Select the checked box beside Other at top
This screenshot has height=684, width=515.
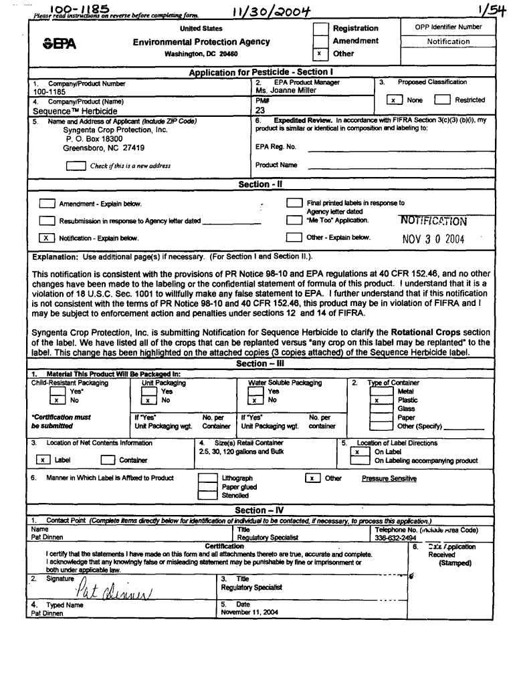pyautogui.click(x=320, y=54)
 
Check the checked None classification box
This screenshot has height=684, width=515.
pyautogui.click(x=396, y=100)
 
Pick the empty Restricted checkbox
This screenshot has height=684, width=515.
pyautogui.click(x=442, y=100)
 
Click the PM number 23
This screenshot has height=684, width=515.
pyautogui.click(x=261, y=111)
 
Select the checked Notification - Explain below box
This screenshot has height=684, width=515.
pyautogui.click(x=47, y=238)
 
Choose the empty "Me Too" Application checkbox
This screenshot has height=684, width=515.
pyautogui.click(x=294, y=220)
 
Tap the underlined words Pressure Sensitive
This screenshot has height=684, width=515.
pyautogui.click(x=389, y=478)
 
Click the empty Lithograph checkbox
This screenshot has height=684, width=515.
pyautogui.click(x=207, y=478)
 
